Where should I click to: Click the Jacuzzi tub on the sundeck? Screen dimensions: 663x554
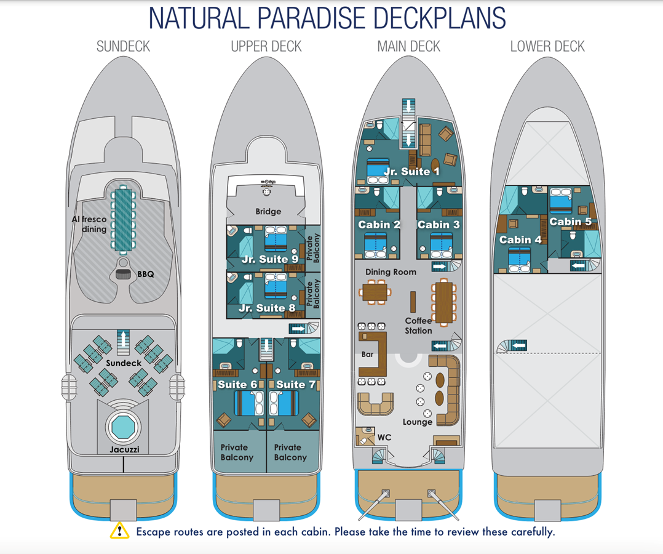pos(123,425)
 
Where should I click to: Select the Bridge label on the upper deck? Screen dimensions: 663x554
pos(268,211)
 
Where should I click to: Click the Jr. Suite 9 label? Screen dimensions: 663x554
pos(269,259)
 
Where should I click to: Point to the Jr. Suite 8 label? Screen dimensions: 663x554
pos(267,308)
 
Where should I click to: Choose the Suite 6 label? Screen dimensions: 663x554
pos(237,385)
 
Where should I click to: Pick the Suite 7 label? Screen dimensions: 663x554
pos(295,385)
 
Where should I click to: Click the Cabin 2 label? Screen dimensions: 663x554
pos(379,225)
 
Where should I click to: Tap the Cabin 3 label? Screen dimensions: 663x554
pos(438,225)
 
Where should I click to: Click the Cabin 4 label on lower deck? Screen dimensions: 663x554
pos(519,239)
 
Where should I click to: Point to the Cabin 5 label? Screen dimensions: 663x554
pos(570,222)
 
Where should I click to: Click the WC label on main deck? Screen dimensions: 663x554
pos(384,437)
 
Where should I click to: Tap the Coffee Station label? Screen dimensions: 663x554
pos(418,326)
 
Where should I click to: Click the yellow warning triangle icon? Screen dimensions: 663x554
pos(119,531)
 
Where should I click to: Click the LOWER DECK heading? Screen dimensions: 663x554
pos(547,47)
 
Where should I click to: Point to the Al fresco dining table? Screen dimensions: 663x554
pos(124,220)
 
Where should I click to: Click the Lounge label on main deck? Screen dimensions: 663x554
pos(418,422)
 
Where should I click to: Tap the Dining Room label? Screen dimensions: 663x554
pos(391,271)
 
